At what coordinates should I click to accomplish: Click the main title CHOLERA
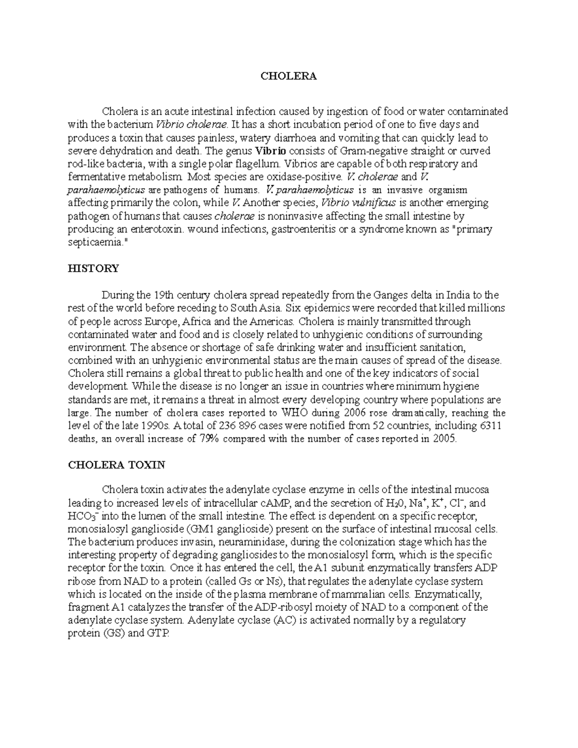[x=289, y=76]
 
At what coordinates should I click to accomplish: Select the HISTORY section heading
[x=93, y=269]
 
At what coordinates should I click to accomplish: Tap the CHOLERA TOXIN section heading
[x=117, y=465]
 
